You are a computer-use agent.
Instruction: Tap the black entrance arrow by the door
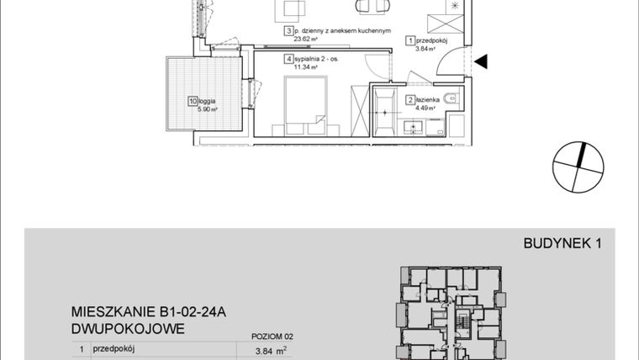pyautogui.click(x=481, y=61)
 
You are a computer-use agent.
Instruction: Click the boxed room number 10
pyautogui.click(x=193, y=101)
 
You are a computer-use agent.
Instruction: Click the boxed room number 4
pyautogui.click(x=288, y=60)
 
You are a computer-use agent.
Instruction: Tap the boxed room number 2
pyautogui.click(x=409, y=99)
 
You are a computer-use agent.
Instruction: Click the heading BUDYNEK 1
pyautogui.click(x=562, y=244)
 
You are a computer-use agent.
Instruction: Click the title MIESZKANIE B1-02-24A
pyautogui.click(x=147, y=312)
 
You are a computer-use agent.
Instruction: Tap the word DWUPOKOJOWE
pyautogui.click(x=128, y=328)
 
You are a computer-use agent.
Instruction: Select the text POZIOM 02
pyautogui.click(x=273, y=335)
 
